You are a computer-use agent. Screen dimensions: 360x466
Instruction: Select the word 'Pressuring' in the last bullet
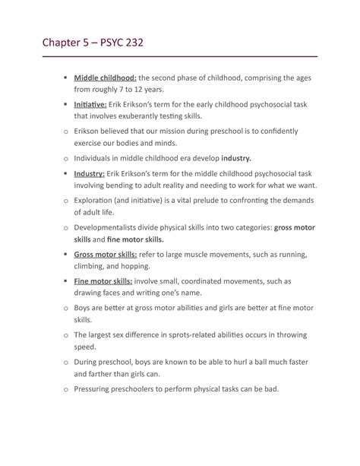94,389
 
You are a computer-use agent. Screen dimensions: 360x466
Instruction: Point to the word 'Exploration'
99,200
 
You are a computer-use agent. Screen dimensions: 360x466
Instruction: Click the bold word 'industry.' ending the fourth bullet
235,159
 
